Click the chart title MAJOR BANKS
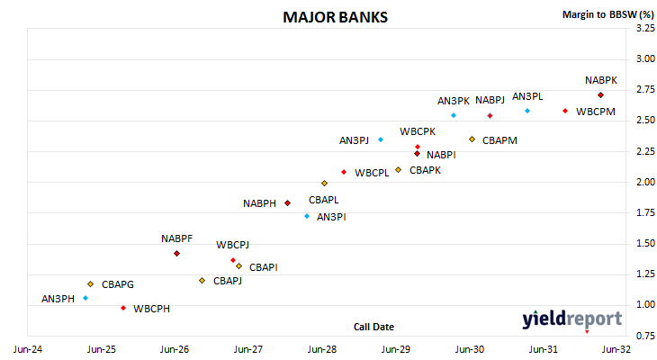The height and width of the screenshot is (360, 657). tap(335, 17)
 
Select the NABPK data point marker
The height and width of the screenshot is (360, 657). tap(600, 95)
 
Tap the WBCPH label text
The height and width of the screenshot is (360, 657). tap(152, 309)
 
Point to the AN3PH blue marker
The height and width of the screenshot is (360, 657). tap(85, 298)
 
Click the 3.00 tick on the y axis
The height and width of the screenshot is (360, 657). tap(645, 58)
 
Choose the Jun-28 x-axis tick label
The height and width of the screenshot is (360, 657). tap(322, 349)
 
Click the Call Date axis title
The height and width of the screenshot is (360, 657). tap(373, 327)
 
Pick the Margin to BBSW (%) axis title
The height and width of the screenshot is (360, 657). tap(608, 14)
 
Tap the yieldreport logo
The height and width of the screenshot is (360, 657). tap(571, 319)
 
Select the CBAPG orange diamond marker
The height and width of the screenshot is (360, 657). tap(91, 284)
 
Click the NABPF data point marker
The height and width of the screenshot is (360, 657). tap(176, 254)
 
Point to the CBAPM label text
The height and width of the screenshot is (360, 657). tap(499, 140)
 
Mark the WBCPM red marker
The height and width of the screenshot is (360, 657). tap(565, 111)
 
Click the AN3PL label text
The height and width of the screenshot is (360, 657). tap(527, 96)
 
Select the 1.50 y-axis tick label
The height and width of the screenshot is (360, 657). tap(645, 243)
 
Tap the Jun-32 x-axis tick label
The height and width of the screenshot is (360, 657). tap(616, 349)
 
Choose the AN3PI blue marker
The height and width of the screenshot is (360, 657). tap(307, 216)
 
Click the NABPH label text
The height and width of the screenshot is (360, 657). tap(260, 203)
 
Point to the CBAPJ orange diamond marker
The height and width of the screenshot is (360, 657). tap(202, 281)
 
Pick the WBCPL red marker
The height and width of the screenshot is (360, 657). tap(344, 172)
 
